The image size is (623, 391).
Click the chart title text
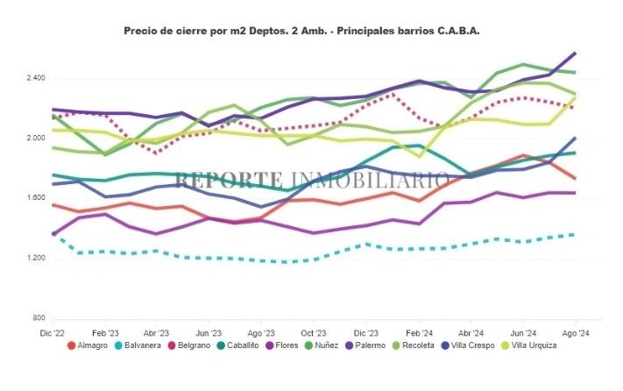click(x=302, y=30)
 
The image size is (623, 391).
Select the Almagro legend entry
click(x=93, y=345)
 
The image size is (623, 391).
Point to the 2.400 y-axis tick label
click(x=34, y=79)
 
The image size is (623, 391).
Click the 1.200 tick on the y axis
click(x=34, y=258)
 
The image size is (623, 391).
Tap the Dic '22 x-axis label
click(x=52, y=334)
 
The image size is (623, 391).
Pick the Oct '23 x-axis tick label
click(x=314, y=334)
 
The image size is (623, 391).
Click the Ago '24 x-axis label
click(x=575, y=334)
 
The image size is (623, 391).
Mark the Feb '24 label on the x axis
click(x=419, y=334)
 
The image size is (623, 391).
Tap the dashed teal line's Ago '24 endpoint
click(x=575, y=234)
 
